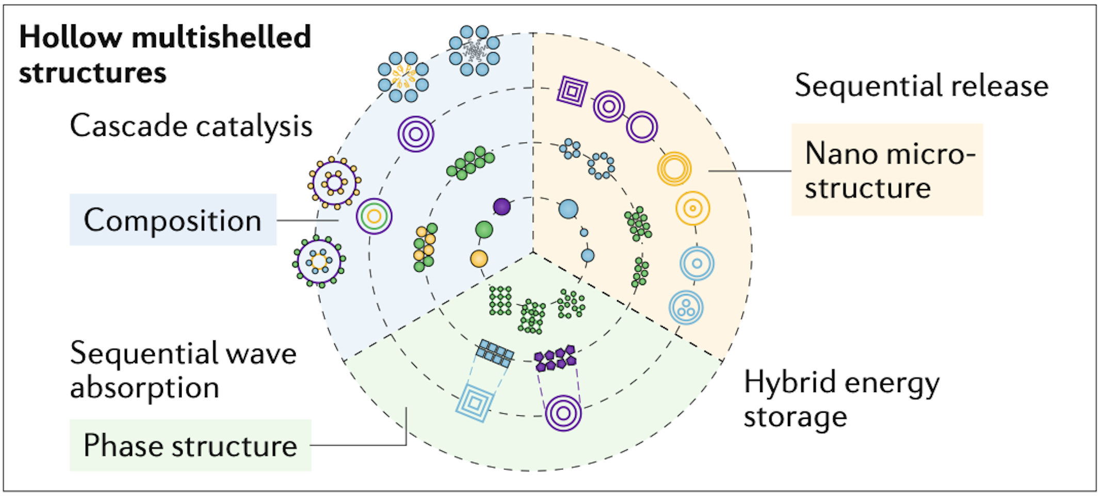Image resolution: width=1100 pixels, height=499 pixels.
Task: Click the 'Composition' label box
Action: point(173,220)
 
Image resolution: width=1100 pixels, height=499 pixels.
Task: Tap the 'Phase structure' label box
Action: point(190,445)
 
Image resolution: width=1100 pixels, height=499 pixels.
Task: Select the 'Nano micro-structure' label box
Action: point(887,170)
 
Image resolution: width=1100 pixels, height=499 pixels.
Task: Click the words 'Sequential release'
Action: point(921,86)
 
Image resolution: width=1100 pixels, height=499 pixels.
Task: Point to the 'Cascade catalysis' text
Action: point(191,126)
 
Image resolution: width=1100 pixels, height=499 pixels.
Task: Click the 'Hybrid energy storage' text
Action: point(841,399)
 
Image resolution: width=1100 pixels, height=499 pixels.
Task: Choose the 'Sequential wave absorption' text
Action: point(183,370)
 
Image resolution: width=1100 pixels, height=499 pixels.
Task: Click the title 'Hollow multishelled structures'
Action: point(165,54)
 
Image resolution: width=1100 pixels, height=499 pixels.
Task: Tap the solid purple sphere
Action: point(502,207)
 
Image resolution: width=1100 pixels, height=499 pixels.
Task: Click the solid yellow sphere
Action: point(479,258)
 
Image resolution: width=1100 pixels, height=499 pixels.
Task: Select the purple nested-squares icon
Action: point(572,91)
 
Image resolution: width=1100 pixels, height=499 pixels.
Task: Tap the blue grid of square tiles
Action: point(495,353)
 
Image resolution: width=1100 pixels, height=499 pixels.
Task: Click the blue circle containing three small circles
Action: point(686,307)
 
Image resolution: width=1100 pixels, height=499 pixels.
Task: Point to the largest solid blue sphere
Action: point(568,209)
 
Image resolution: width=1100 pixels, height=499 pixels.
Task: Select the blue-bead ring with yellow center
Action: point(403,76)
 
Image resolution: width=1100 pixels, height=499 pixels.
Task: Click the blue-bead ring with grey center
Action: point(474,51)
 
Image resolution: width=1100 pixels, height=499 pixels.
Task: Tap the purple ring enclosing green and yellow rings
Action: point(374,216)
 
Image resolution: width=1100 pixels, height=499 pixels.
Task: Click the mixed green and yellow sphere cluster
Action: point(425,247)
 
